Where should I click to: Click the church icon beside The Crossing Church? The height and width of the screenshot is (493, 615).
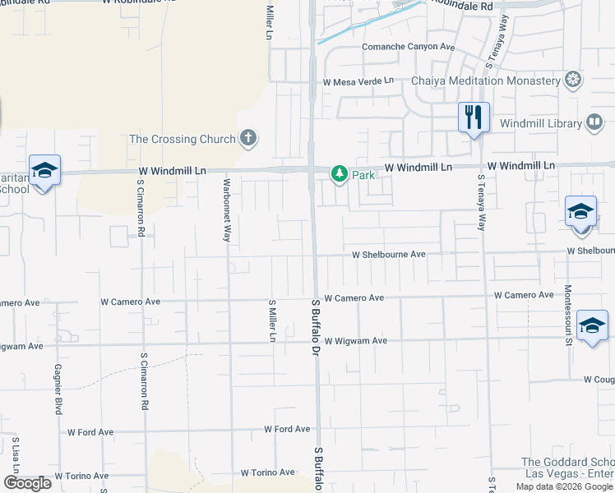(x=249, y=138)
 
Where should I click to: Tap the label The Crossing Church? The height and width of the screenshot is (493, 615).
(x=183, y=139)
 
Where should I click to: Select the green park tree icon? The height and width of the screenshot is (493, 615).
(x=339, y=174)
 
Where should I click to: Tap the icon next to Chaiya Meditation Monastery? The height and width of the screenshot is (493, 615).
(x=573, y=80)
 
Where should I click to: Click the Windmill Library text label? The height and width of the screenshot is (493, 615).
(x=541, y=123)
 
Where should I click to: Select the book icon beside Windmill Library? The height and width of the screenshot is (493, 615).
(x=594, y=123)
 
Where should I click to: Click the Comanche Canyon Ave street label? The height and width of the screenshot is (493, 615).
(x=409, y=47)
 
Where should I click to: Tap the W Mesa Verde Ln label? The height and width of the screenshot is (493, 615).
(x=358, y=82)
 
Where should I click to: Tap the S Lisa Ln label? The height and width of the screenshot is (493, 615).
(x=15, y=456)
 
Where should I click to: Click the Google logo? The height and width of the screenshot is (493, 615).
(x=27, y=483)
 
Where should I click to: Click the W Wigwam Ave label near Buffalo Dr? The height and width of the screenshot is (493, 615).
(x=355, y=341)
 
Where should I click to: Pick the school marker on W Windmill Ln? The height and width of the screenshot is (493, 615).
(x=44, y=170)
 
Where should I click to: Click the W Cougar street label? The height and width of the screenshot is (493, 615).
(x=598, y=380)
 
